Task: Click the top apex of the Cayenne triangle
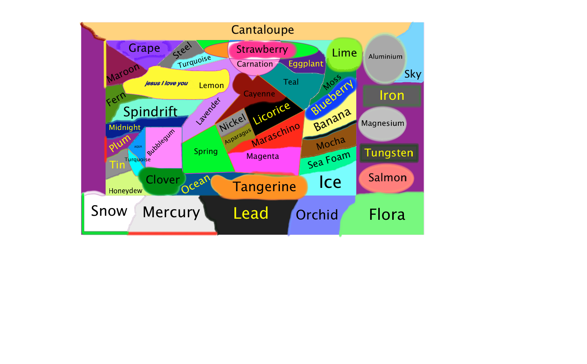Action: click(x=258, y=76)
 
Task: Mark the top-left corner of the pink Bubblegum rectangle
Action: click(x=146, y=128)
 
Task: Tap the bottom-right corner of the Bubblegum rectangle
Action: click(x=182, y=168)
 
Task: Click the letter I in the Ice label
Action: click(x=321, y=182)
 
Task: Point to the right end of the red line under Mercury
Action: click(x=217, y=233)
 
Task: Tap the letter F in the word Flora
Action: click(x=373, y=214)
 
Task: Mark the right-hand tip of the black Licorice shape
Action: click(x=304, y=110)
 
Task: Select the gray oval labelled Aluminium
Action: click(x=385, y=59)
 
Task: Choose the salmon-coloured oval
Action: click(x=386, y=178)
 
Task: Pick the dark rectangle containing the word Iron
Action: click(x=392, y=96)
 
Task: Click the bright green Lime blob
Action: click(x=344, y=54)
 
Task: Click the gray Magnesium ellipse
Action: click(x=382, y=124)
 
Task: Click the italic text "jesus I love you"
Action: click(x=166, y=83)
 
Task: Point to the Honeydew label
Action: click(x=125, y=191)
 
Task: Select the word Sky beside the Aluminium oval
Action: click(x=413, y=74)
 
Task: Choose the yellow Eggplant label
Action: click(x=306, y=64)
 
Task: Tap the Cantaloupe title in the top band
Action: click(x=262, y=30)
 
